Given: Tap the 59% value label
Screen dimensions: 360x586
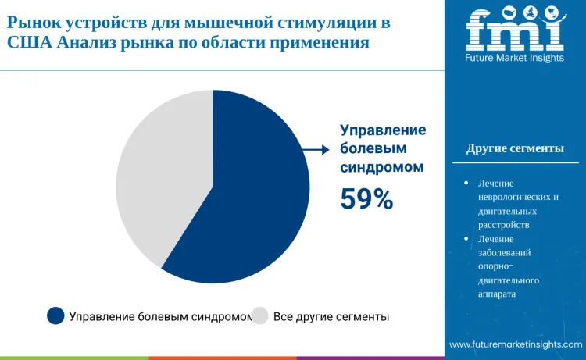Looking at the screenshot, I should (366, 199).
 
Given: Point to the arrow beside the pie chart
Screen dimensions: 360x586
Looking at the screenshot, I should (316, 150).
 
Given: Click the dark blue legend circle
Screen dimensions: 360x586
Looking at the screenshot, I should (55, 315).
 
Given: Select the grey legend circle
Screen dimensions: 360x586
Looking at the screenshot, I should (260, 315).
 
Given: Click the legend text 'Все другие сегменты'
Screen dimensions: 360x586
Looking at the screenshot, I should (331, 316).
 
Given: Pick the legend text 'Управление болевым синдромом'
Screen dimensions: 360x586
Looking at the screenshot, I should (160, 316).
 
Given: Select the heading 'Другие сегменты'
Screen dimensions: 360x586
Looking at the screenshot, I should (515, 148).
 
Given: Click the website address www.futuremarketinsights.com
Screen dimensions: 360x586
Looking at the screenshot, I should (515, 344).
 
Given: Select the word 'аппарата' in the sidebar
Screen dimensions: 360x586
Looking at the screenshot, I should (497, 294).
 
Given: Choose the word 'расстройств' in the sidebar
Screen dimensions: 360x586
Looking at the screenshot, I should (503, 224).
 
